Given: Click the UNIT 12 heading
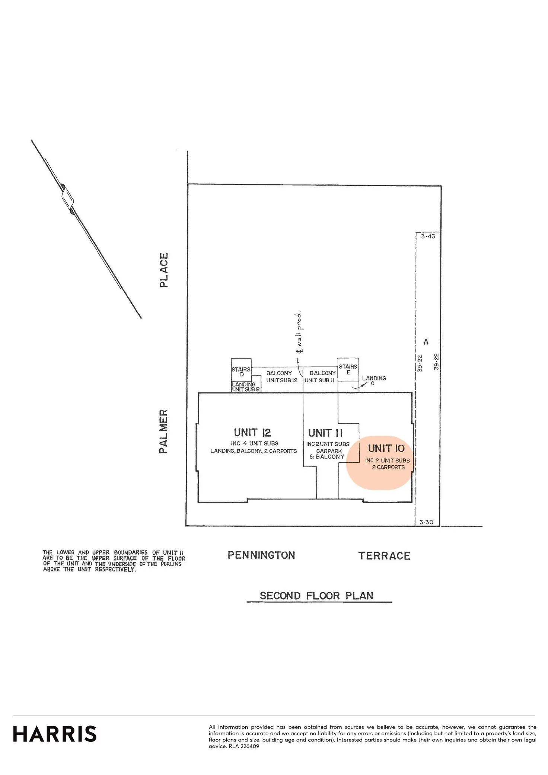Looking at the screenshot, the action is pos(252,433).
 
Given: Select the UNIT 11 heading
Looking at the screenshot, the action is pos(325,433).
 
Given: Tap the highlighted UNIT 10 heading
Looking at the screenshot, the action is pos(386,448).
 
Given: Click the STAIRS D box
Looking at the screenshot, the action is pos(241,371).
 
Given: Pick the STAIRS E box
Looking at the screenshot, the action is pos(348,369).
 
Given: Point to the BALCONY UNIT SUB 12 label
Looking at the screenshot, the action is pos(281,377).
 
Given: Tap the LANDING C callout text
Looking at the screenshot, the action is pos(374,380).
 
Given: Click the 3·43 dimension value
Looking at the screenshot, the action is pos(428,236).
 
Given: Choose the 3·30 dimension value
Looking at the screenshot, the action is pos(426,522).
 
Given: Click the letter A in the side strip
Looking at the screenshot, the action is pos(426,342).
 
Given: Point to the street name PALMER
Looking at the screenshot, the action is pos(164,431).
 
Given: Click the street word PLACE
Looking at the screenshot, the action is pos(164,270).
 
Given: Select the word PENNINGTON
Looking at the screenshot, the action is pos(261,555).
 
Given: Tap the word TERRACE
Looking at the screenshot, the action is pos(384,556).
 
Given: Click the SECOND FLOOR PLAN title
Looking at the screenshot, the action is pos(316,596).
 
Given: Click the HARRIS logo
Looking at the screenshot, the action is pos(55,734).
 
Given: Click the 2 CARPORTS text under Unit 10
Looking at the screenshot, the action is pos(388,468).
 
